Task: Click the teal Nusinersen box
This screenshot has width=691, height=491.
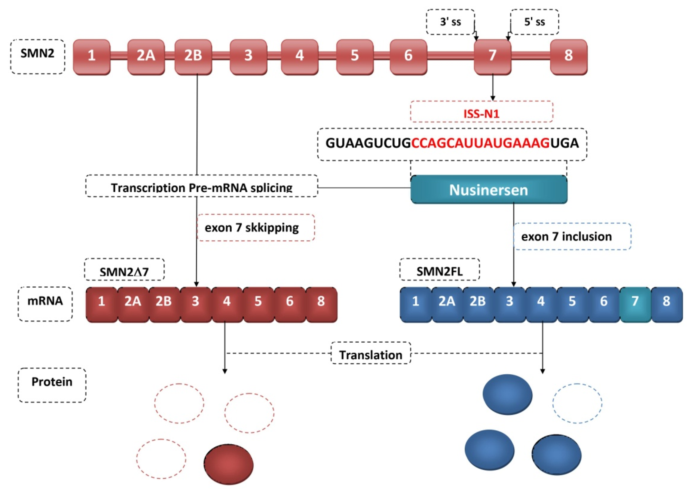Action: [488, 190]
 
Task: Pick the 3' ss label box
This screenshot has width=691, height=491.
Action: [450, 22]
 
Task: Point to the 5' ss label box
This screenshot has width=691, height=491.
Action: [534, 22]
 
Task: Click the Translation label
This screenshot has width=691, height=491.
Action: [370, 354]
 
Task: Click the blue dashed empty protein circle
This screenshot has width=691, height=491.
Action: [577, 404]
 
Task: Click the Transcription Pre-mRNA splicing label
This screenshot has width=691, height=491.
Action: [201, 187]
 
